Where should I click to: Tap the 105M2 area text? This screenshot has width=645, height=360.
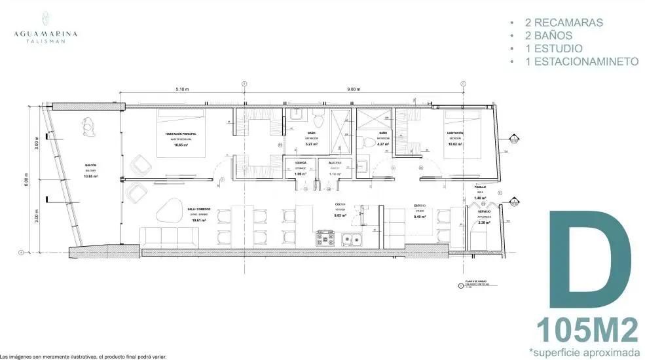[x=587, y=329]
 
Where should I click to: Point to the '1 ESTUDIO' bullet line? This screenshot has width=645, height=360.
[x=553, y=48]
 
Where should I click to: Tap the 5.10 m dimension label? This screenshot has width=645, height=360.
[x=182, y=90]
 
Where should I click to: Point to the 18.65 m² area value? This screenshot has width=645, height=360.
[x=181, y=145]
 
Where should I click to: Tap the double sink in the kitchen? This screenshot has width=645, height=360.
[x=353, y=238]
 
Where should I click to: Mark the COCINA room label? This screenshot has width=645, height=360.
[x=340, y=204]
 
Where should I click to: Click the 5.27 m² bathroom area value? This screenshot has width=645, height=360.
[x=312, y=145]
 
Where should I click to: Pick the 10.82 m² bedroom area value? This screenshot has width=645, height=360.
[x=455, y=145]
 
